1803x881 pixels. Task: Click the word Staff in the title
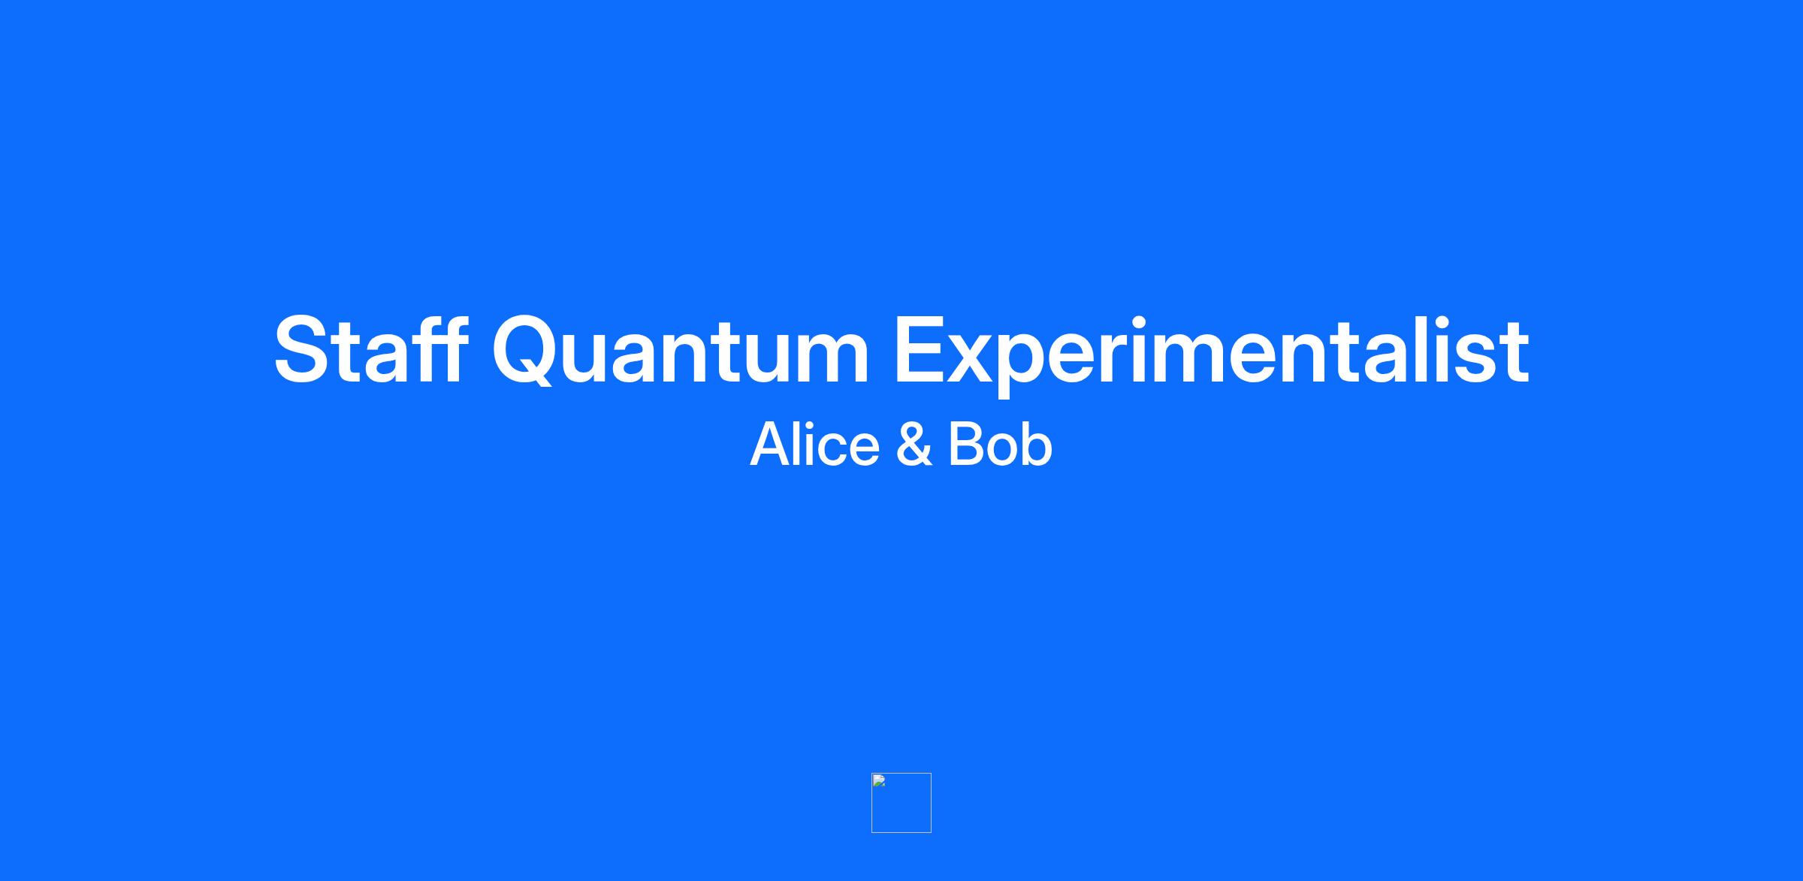click(371, 350)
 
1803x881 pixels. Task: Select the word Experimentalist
click(1211, 354)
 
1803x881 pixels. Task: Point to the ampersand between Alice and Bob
click(914, 444)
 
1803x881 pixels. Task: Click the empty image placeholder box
click(901, 803)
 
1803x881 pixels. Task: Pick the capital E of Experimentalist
click(921, 350)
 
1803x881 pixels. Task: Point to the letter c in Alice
click(836, 450)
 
